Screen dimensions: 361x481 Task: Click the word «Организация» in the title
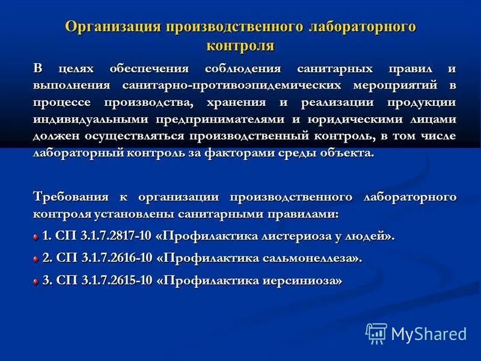[112, 26]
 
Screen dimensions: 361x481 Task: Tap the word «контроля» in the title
[240, 45]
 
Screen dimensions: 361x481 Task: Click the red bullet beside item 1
[36, 236]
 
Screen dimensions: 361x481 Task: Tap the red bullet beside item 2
[36, 259]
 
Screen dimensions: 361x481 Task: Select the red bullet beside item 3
[36, 281]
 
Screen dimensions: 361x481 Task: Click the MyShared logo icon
[376, 333]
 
